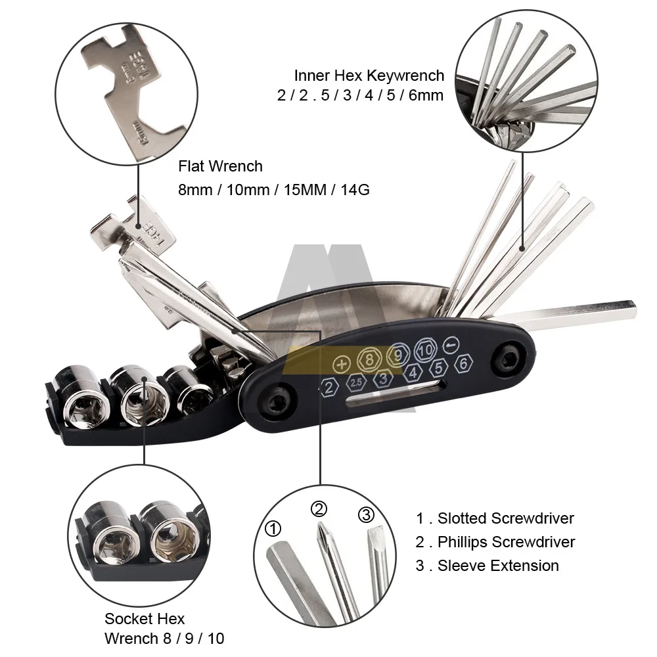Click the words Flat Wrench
tap(220, 166)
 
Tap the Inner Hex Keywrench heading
tap(369, 76)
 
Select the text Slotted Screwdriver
tap(506, 518)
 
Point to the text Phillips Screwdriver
tap(506, 542)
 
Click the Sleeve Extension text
tap(498, 566)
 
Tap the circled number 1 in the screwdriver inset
tap(273, 528)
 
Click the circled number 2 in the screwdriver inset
tap(319, 509)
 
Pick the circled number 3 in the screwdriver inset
tap(366, 514)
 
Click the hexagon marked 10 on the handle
tap(426, 350)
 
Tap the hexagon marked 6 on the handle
tap(463, 363)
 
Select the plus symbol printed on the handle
tap(342, 364)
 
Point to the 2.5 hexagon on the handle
tap(356, 382)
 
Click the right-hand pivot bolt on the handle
tap(509, 358)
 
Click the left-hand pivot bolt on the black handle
tap(276, 401)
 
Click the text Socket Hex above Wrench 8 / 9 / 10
tap(145, 618)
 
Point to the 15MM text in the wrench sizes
tap(305, 190)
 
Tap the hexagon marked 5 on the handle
tap(438, 368)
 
